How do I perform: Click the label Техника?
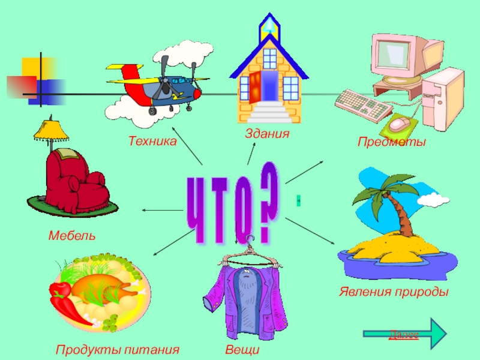click(x=152, y=142)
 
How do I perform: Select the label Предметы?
click(x=391, y=142)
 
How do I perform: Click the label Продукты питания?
click(x=118, y=349)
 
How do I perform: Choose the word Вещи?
click(x=242, y=349)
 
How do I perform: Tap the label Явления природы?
click(x=393, y=292)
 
